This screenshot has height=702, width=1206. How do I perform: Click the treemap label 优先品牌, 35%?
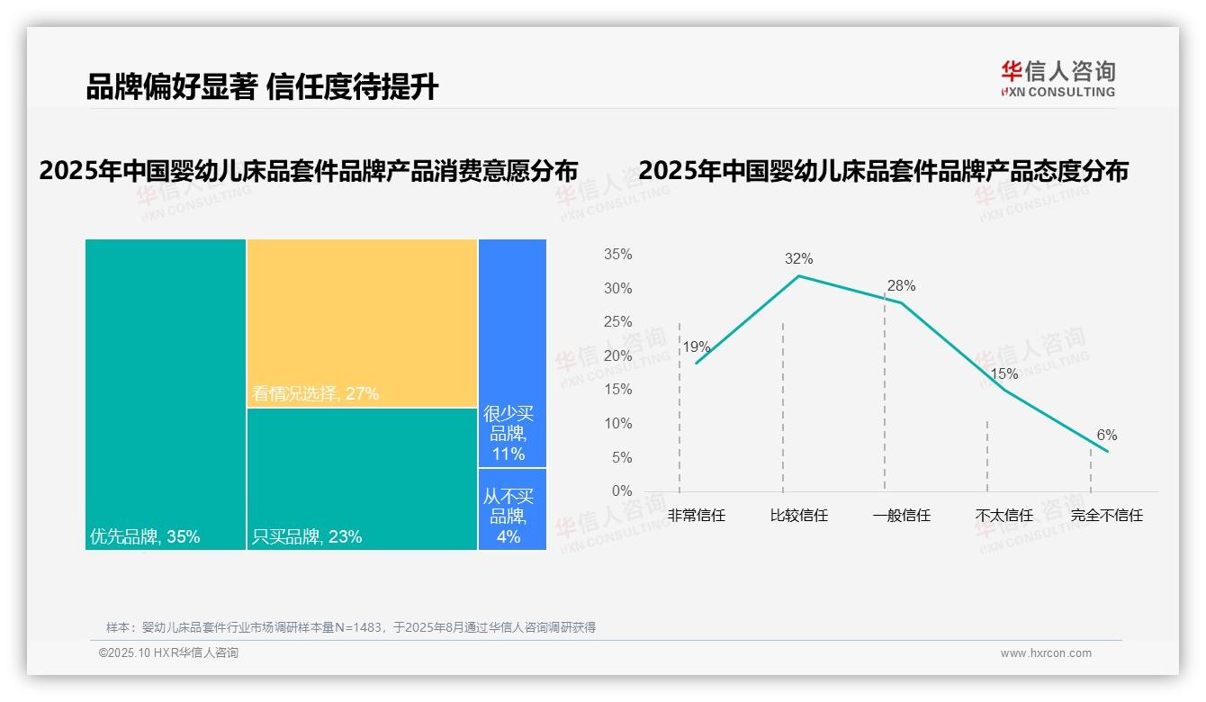coord(145,537)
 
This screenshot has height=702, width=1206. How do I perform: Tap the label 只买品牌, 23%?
coord(307,537)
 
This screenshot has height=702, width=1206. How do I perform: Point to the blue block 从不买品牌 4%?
coord(512,509)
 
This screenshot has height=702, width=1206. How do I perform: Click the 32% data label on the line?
coord(798,259)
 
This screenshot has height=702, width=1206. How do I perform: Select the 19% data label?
coord(696,347)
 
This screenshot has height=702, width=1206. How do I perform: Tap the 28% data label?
coord(901,286)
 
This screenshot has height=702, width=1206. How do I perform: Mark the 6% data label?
coord(1106,436)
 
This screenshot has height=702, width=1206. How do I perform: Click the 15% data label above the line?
coord(1003,373)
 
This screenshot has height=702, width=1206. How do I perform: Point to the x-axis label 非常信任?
coord(696,516)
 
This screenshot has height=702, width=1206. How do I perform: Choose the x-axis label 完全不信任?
coord(1106,516)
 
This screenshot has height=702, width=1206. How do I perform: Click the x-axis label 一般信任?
coord(901,516)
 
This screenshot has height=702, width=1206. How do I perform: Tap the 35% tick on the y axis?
coord(617,255)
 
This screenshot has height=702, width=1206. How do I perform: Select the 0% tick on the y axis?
coord(622,491)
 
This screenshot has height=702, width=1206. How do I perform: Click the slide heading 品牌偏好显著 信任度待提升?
coord(262,87)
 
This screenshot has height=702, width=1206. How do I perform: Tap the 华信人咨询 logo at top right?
coord(1057,78)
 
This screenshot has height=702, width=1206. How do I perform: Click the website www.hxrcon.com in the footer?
coord(1045,653)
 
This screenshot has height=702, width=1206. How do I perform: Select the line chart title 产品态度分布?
coord(883,171)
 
